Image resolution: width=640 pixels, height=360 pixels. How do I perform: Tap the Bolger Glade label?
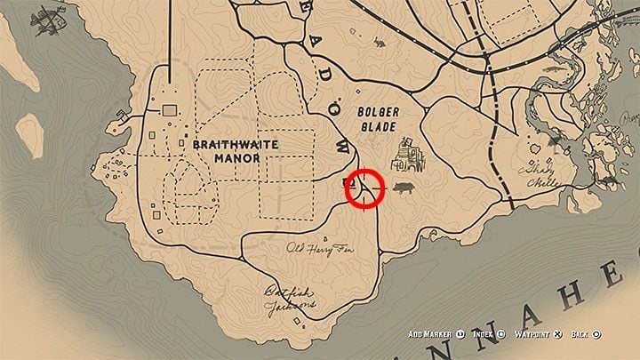(380, 121)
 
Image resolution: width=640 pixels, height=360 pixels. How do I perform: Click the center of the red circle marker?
(364, 187)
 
